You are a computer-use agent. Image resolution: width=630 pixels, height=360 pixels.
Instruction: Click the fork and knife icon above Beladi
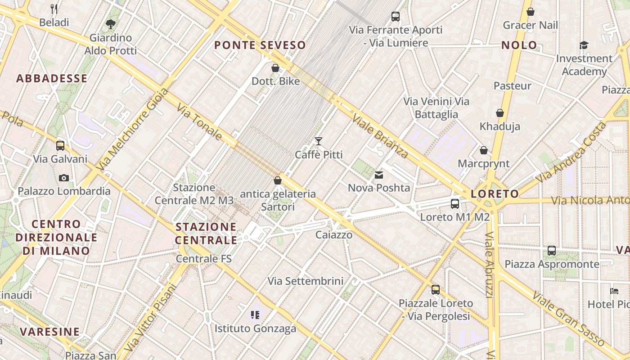(x=54, y=9)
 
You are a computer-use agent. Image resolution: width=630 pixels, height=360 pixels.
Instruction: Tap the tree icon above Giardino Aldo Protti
(x=110, y=24)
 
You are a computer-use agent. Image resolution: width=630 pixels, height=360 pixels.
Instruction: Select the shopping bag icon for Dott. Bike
(x=275, y=68)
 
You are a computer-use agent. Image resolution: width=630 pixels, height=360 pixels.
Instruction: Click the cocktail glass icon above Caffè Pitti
(x=319, y=141)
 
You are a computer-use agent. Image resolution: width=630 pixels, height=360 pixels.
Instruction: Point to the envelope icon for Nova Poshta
(x=379, y=175)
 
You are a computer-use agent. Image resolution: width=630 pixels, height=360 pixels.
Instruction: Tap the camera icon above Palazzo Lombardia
(x=64, y=178)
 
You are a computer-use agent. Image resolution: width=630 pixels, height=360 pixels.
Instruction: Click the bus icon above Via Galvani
(x=60, y=146)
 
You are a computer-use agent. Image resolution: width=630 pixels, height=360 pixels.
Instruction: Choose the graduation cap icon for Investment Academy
(x=584, y=45)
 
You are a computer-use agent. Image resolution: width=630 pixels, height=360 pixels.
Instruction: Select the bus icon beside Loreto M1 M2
(x=455, y=204)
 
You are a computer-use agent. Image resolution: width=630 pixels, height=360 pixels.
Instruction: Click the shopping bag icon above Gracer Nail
(x=531, y=12)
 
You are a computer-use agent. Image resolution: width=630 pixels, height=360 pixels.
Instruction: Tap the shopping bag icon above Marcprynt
(x=484, y=150)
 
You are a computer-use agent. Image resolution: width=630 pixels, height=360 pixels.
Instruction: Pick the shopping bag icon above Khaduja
(x=499, y=113)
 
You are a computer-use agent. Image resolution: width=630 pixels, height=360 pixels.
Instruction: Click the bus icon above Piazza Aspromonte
(x=552, y=251)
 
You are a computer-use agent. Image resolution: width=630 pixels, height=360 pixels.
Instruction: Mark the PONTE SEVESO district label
(x=260, y=45)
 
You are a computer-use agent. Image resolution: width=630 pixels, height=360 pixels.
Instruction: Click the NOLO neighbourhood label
(x=519, y=45)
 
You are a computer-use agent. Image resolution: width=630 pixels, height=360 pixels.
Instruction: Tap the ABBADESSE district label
(x=52, y=78)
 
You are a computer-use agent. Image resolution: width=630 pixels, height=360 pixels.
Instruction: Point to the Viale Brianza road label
(x=380, y=136)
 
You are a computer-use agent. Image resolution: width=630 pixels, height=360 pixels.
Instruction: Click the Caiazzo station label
(x=334, y=234)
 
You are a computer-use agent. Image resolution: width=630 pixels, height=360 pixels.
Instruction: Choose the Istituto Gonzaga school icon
(x=256, y=315)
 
